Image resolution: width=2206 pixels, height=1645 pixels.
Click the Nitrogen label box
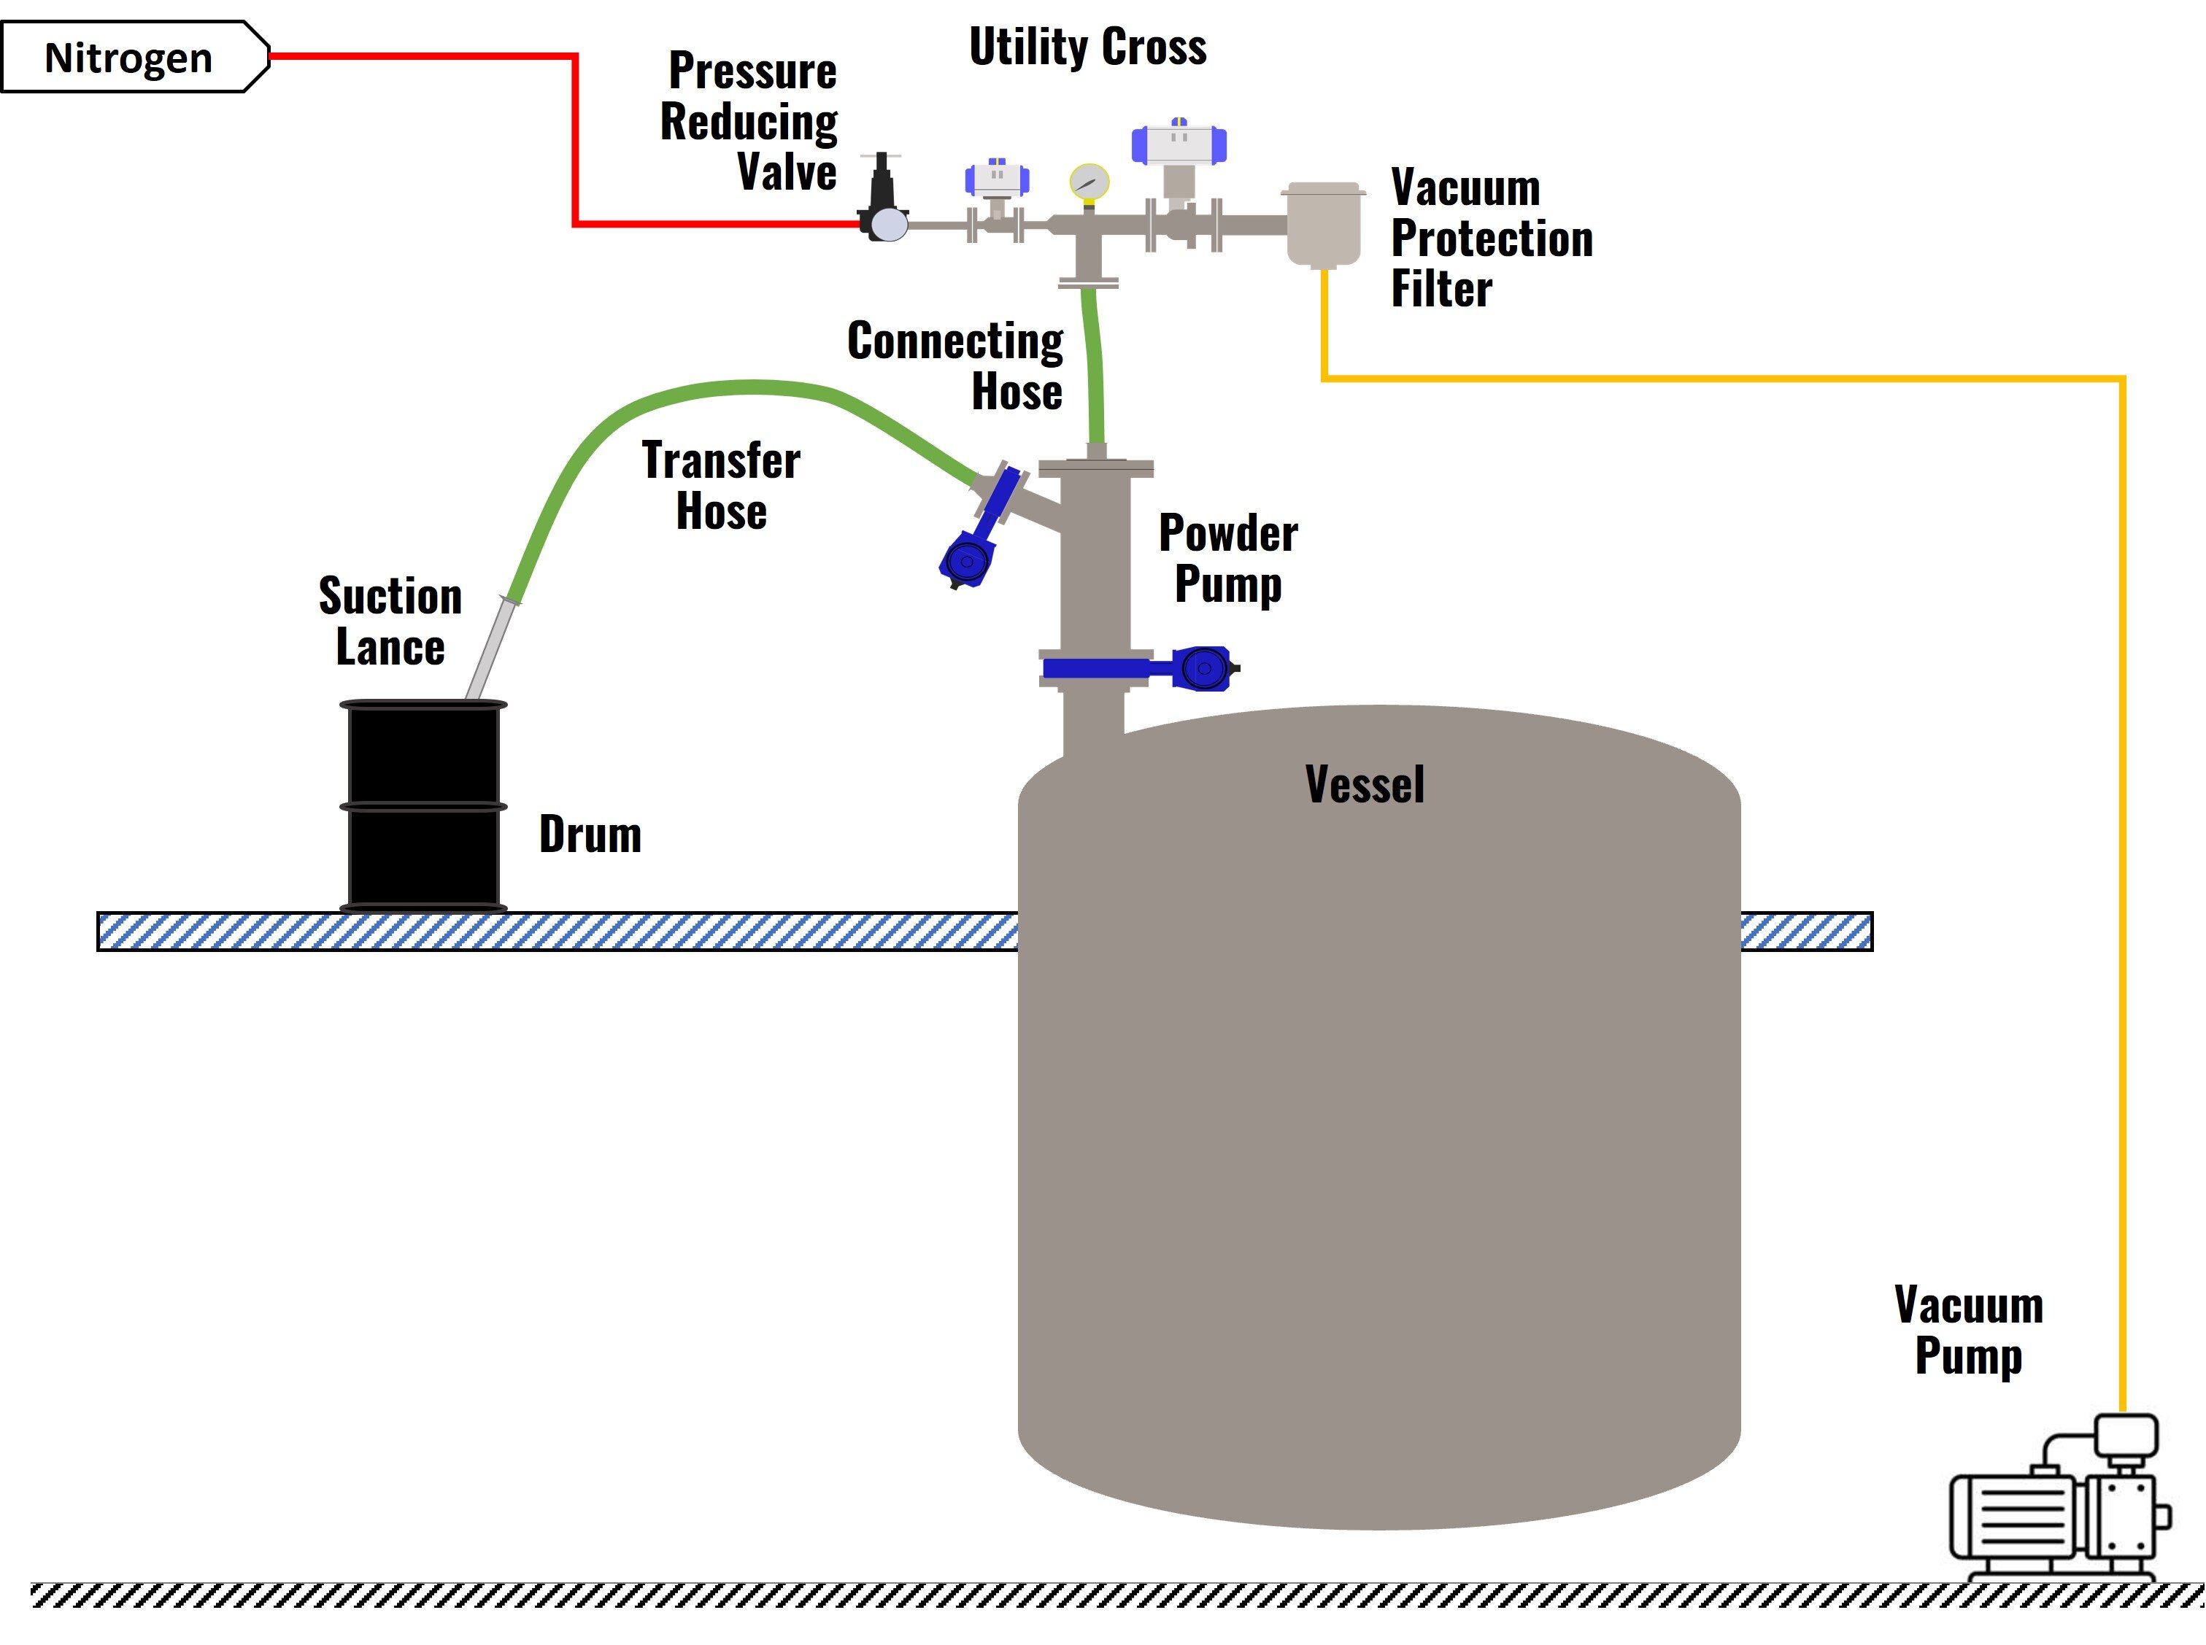click(x=129, y=58)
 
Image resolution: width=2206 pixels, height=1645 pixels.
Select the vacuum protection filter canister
click(x=1322, y=225)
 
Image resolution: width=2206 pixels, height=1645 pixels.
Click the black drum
click(x=423, y=807)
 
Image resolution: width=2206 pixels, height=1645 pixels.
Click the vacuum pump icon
click(x=2056, y=1503)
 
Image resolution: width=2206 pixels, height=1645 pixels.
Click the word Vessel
click(x=1365, y=785)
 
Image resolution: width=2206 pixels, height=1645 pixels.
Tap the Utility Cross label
click(x=1087, y=47)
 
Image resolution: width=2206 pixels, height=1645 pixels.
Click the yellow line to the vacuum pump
click(x=1723, y=379)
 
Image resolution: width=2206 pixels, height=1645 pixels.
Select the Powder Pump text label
click(x=1228, y=557)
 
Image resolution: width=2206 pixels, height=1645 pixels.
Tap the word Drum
click(x=590, y=835)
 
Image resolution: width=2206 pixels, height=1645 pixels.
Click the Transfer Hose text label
click(x=721, y=486)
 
